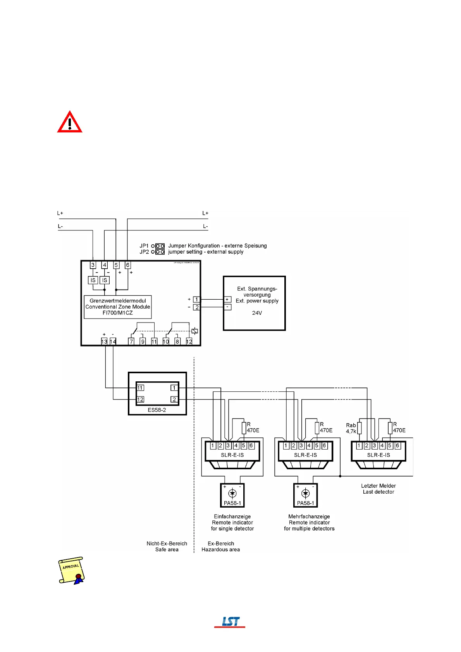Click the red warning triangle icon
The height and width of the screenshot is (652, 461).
70,123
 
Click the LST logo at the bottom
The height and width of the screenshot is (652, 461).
230,621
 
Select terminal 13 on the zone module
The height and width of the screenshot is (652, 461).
104,341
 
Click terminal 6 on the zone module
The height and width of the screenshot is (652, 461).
127,265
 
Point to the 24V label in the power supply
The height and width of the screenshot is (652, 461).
257,313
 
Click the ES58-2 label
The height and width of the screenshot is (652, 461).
157,410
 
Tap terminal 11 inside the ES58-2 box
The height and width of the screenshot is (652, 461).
140,388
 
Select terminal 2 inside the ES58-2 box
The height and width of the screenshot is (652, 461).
174,399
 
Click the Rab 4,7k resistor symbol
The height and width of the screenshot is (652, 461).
360,428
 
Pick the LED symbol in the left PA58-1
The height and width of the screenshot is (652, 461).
232,493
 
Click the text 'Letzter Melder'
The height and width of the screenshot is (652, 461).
378,486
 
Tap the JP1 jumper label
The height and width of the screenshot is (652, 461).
144,246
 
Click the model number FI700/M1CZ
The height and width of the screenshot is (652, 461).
118,313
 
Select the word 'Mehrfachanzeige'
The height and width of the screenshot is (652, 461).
309,516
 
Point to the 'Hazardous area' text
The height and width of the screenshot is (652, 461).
220,549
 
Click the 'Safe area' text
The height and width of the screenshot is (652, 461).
167,549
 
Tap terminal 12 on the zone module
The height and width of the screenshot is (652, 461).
189,341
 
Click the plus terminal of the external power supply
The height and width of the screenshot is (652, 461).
227,299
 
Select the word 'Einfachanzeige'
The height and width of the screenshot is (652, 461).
232,516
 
